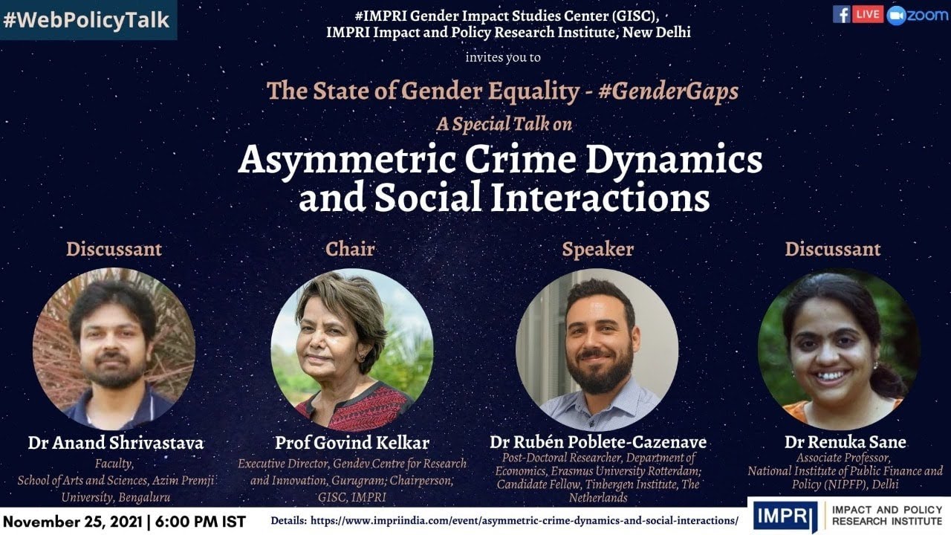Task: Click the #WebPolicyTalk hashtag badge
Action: click(x=86, y=19)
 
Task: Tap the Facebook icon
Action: click(x=841, y=14)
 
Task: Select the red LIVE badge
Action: click(x=868, y=14)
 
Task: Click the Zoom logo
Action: click(x=918, y=15)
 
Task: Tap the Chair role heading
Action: click(x=350, y=249)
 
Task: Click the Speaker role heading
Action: click(x=597, y=249)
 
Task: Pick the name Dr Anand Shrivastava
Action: click(x=115, y=443)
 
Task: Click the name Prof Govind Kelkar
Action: click(x=352, y=443)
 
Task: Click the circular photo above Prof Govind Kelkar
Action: click(x=352, y=349)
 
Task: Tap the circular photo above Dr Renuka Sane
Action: click(x=839, y=349)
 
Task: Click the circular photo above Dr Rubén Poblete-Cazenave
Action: click(x=597, y=349)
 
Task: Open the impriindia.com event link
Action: click(x=525, y=521)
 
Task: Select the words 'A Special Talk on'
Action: click(x=504, y=124)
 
